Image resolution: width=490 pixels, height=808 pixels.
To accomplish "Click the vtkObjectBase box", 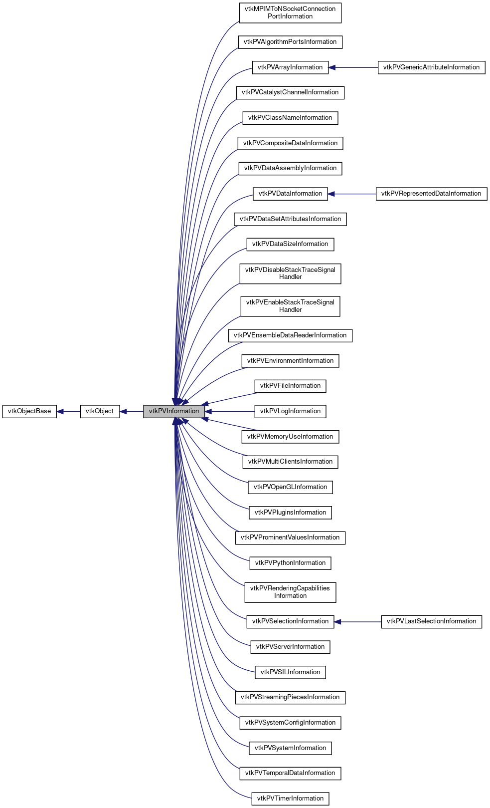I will point(29,411).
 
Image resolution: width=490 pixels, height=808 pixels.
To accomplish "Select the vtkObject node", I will point(100,411).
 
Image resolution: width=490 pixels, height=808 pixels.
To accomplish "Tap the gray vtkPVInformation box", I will point(173,411).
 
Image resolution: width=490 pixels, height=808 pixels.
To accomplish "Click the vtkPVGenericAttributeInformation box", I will point(431,67).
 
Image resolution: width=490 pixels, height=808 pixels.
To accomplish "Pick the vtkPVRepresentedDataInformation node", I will point(431,194).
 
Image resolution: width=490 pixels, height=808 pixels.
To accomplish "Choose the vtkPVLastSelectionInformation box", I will point(431,621).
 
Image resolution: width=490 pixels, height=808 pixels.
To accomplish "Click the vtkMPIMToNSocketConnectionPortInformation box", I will point(290,12).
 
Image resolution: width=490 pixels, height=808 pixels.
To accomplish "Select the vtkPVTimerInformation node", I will point(290,799).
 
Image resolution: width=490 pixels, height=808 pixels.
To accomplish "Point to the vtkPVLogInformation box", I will point(290,411).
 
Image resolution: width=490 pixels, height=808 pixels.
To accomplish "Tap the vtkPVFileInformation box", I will point(290,386).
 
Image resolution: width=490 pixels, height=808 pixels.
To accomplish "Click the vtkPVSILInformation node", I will point(290,672).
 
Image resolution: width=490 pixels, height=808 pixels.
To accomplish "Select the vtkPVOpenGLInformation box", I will point(290,487).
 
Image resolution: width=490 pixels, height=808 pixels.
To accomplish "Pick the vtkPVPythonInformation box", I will point(290,563).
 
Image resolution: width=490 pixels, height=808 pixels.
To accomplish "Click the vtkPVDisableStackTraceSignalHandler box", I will point(290,273).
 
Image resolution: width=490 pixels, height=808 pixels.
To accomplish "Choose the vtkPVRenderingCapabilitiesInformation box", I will point(290,592).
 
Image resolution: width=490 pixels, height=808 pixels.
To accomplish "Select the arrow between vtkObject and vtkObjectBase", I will point(68,412).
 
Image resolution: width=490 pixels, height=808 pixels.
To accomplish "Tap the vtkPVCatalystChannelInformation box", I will point(290,92).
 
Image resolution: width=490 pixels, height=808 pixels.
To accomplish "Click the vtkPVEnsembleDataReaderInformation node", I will point(290,335).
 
